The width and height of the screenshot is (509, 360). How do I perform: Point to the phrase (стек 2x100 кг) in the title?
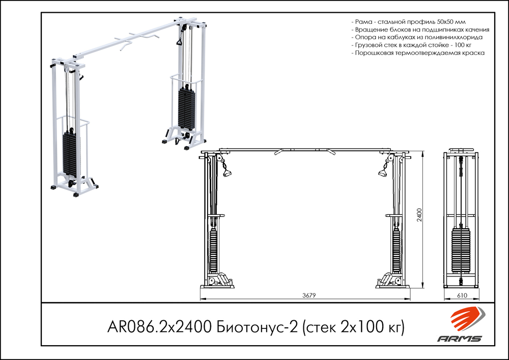pos(353,326)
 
